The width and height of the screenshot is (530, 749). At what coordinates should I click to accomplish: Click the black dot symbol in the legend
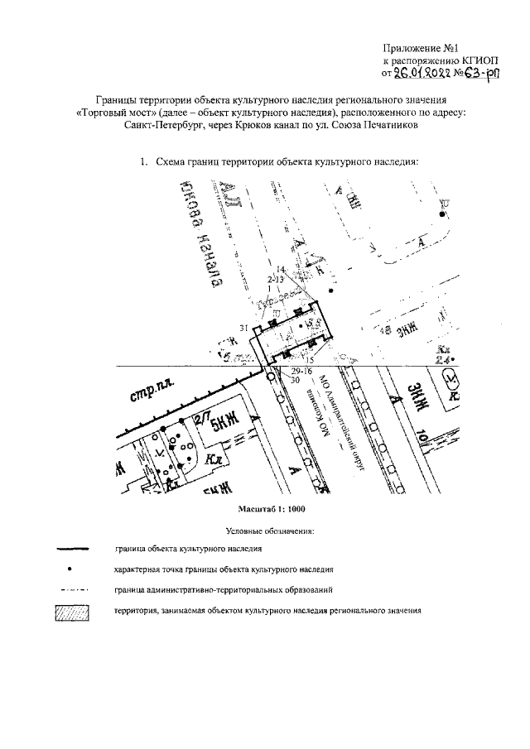click(x=71, y=569)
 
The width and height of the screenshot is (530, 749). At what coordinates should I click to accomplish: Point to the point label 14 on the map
click(x=281, y=270)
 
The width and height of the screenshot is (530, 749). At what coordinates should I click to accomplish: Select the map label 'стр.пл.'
click(x=148, y=391)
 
